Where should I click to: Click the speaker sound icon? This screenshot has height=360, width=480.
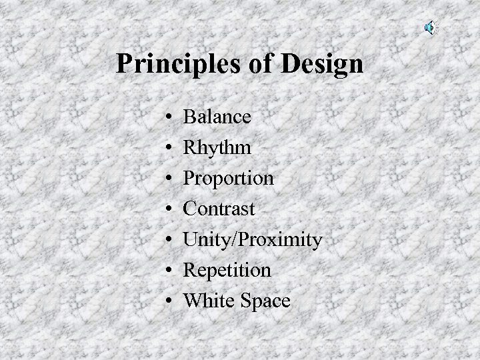431,27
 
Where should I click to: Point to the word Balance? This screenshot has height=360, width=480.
217,117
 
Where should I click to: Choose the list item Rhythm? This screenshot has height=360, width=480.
217,147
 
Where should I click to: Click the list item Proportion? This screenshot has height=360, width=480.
228,178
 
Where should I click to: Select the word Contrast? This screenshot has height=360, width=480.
219,209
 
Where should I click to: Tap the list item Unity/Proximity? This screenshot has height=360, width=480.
253,239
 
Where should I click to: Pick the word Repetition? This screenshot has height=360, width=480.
227,270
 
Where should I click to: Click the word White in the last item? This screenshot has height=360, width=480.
205,301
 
